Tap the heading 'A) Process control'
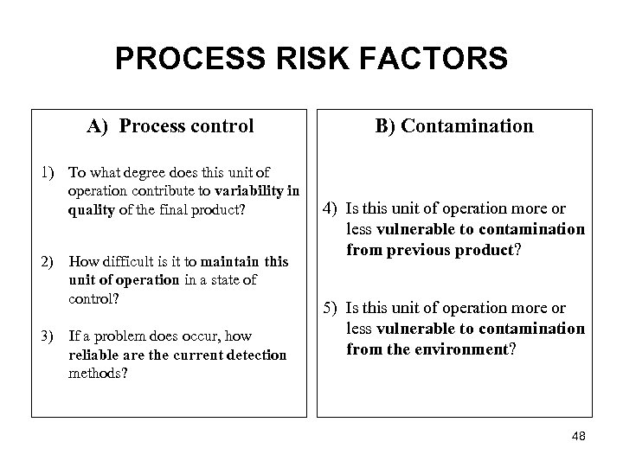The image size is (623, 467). (x=170, y=126)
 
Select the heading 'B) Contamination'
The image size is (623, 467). (x=454, y=126)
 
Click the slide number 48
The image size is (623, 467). (x=579, y=437)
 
